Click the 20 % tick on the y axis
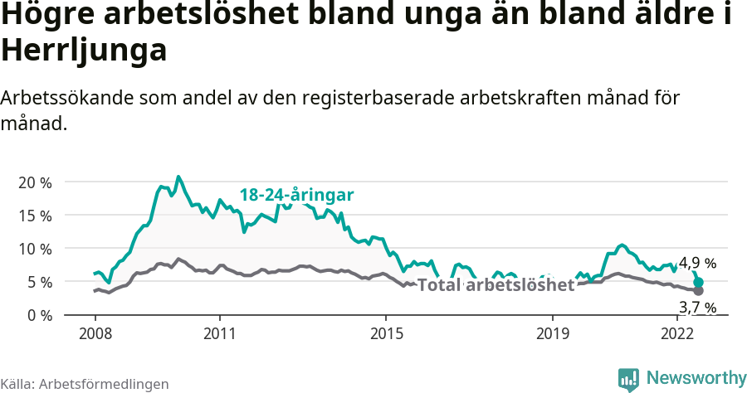coord(35,182)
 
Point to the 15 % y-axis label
coord(35,216)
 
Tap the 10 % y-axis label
coord(35,249)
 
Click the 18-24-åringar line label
coord(297,195)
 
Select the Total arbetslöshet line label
coord(496,285)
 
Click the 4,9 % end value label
coord(697,264)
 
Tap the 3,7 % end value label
coord(697,308)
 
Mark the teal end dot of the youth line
coord(698,283)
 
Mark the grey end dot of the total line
coord(698,291)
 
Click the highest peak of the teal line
coord(178,177)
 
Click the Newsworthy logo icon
coord(628,379)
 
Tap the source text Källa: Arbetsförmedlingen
coord(85,384)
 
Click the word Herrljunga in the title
coord(85,51)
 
